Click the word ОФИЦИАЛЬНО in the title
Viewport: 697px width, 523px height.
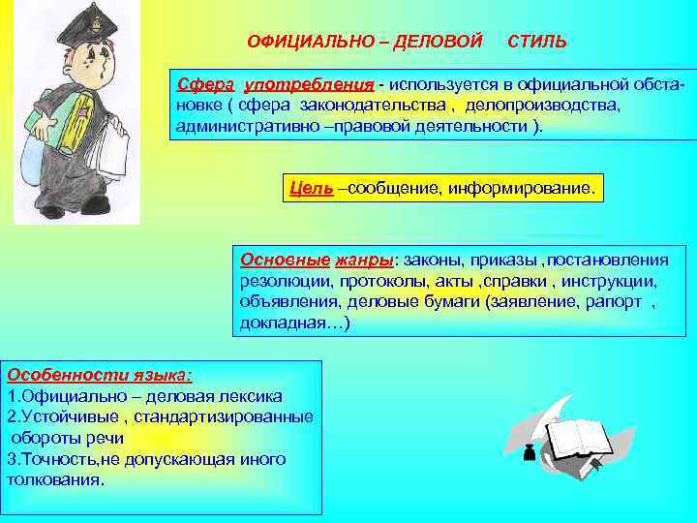tap(294, 43)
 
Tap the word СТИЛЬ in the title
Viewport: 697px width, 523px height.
tap(538, 43)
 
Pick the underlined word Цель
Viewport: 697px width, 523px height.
tap(310, 187)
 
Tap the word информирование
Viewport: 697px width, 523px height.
tap(520, 187)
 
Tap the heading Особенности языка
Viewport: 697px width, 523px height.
tap(99, 375)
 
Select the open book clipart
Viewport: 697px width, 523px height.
tap(580, 437)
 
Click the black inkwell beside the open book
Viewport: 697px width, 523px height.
tap(530, 452)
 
